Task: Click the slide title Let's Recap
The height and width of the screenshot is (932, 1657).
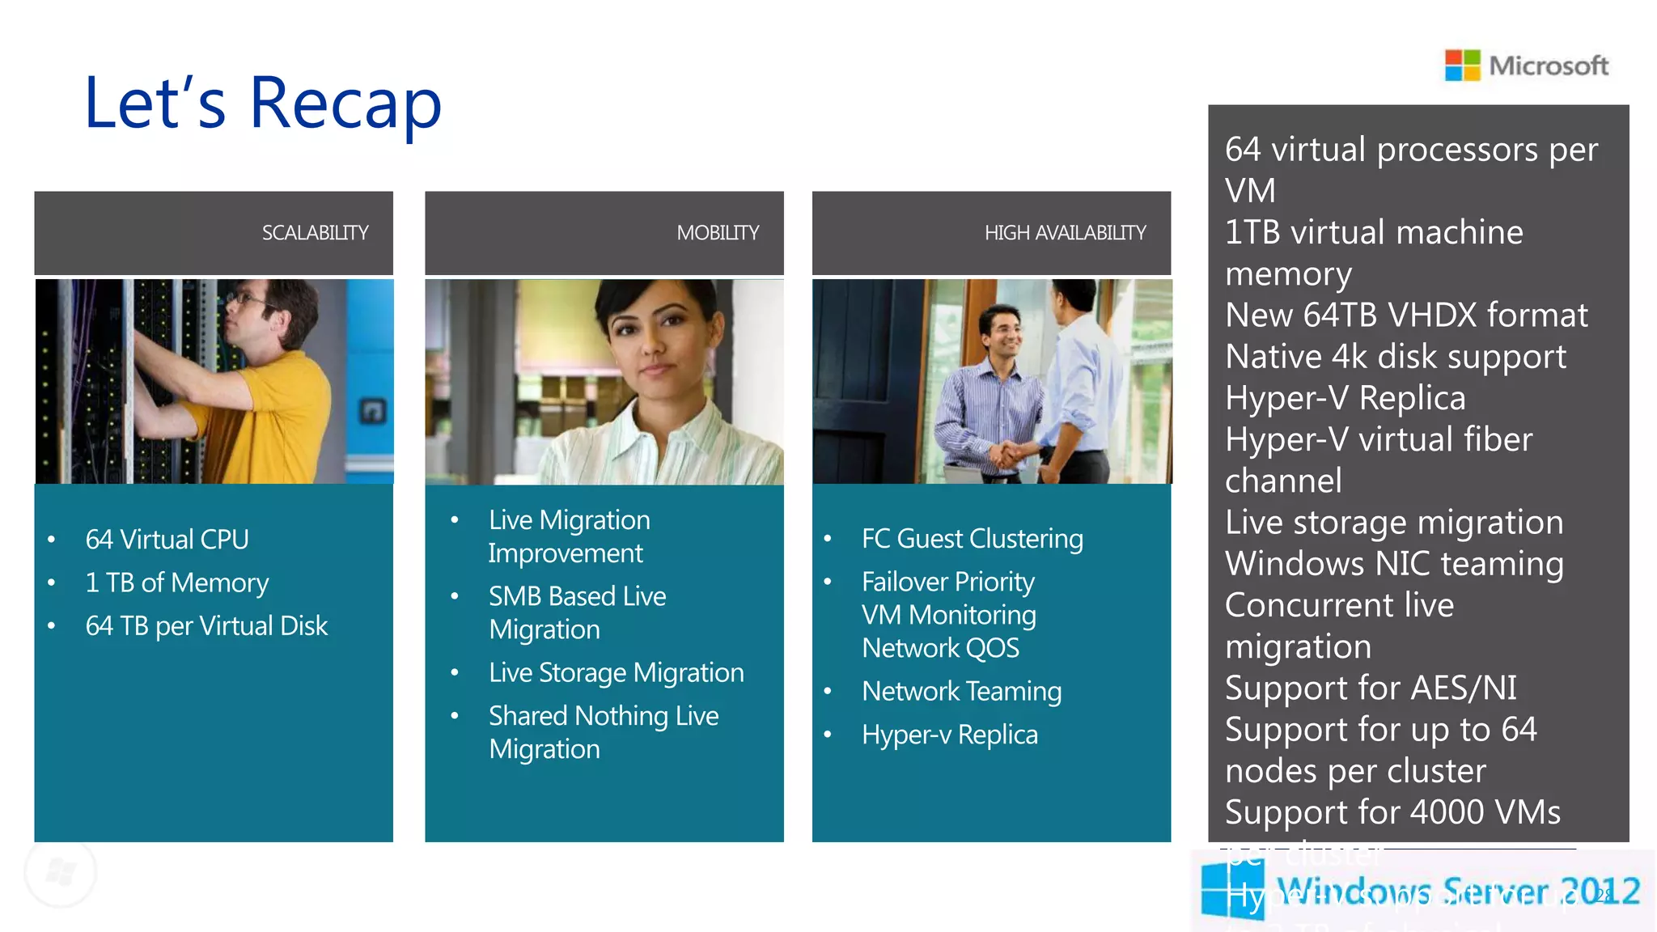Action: (x=263, y=104)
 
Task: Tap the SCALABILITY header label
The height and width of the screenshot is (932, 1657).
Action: (x=315, y=233)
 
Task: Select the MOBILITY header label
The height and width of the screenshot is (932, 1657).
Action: (x=718, y=233)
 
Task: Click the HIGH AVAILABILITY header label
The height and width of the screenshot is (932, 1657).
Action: (x=1065, y=233)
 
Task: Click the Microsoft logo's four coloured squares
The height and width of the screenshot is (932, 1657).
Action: (x=1462, y=66)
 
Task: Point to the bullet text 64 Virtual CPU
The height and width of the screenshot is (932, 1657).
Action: (x=167, y=540)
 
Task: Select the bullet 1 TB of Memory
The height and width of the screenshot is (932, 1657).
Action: (x=176, y=582)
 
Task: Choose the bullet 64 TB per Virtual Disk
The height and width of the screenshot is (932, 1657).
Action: (x=206, y=626)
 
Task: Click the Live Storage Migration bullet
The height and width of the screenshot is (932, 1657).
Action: (x=616, y=673)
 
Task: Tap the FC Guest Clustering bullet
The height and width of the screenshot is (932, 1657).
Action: (x=972, y=539)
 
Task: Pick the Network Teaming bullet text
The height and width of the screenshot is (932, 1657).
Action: (x=961, y=692)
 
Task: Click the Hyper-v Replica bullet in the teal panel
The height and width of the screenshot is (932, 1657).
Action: (x=949, y=735)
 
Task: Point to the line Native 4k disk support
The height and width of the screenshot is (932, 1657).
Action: (x=1395, y=357)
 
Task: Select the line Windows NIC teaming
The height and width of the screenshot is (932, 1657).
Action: (x=1393, y=564)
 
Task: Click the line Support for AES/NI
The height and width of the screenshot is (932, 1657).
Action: (x=1371, y=688)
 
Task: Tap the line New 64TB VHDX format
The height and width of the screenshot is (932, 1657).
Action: (x=1406, y=316)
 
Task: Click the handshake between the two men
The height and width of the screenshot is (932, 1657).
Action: (x=1008, y=453)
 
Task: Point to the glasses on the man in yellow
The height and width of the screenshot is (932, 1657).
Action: (x=247, y=299)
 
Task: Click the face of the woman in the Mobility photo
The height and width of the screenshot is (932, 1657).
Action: (x=656, y=340)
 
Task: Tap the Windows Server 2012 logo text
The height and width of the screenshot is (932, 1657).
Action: (x=1457, y=892)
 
